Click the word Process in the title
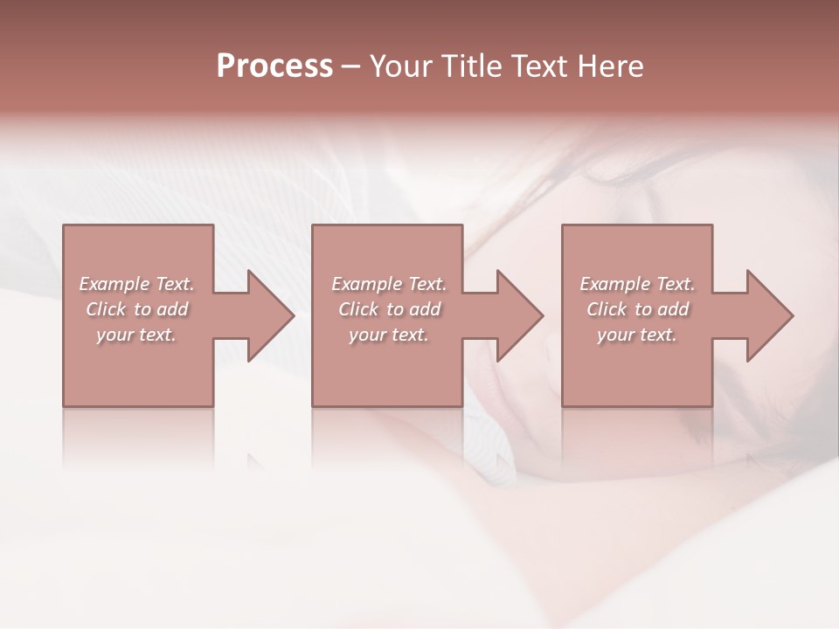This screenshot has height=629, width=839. [x=274, y=66]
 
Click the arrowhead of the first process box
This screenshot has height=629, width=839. [x=271, y=315]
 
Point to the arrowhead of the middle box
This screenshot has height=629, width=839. [x=520, y=315]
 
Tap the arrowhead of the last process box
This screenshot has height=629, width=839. [x=770, y=315]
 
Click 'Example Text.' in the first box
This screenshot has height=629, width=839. [x=136, y=284]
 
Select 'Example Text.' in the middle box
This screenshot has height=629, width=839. [x=388, y=284]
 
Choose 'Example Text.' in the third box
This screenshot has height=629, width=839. [x=637, y=284]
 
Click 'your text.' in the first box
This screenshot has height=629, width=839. [x=136, y=335]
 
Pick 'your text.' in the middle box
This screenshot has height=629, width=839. [x=388, y=335]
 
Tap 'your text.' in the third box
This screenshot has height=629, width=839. [x=637, y=335]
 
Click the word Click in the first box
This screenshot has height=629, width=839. [x=105, y=309]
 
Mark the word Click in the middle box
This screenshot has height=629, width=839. [x=357, y=309]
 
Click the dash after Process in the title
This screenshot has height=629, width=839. [x=350, y=66]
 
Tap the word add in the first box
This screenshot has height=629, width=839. [x=174, y=309]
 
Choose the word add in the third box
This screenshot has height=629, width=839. [x=675, y=309]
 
